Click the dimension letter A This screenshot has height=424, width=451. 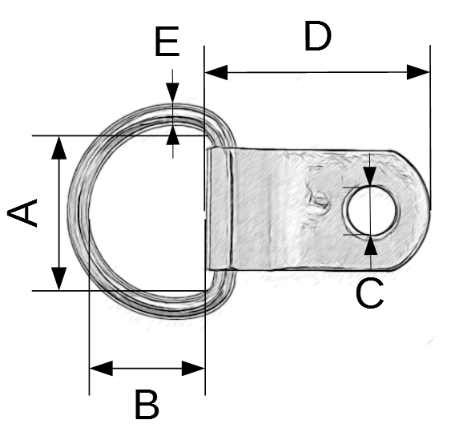(x=22, y=212)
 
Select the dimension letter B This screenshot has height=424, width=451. (x=147, y=404)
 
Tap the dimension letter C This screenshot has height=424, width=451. (x=369, y=293)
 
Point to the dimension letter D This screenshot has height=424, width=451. (x=317, y=36)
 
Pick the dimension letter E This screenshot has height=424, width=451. (x=167, y=42)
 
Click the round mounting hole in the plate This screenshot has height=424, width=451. (x=372, y=211)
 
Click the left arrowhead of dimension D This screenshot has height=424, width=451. (x=216, y=72)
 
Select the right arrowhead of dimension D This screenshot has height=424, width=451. (x=418, y=72)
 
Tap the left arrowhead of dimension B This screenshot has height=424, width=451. (x=101, y=368)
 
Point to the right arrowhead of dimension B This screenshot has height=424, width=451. (x=193, y=368)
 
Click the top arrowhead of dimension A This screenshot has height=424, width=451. (x=59, y=147)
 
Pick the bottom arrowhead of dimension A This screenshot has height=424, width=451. (x=59, y=279)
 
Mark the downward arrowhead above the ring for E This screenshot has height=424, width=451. (x=172, y=92)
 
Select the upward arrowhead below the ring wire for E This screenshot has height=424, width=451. (x=172, y=135)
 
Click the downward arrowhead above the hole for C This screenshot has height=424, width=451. (x=370, y=176)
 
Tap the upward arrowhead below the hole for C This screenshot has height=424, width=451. (x=371, y=245)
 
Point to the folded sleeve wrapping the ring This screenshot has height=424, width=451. (x=220, y=208)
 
